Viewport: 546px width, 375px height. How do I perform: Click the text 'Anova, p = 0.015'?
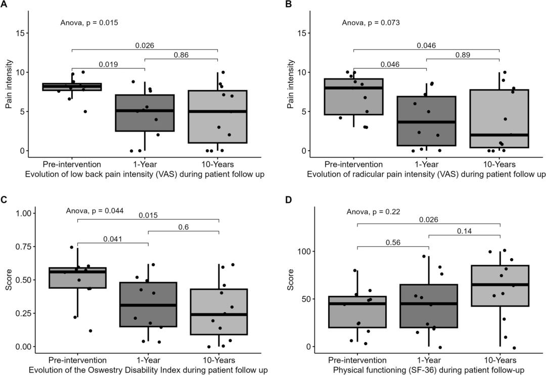(89, 23)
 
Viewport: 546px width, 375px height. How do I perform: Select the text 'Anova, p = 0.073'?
(371, 23)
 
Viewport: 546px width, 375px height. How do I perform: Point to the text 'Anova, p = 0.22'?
(373, 212)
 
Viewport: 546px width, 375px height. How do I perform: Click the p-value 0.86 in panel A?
(181, 55)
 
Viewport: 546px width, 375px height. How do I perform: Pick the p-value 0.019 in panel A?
(108, 64)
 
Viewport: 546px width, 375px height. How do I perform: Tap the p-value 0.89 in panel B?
(463, 55)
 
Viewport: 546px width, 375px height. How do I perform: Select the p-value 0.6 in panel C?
(184, 227)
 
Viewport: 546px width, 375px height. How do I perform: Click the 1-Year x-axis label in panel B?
(426, 164)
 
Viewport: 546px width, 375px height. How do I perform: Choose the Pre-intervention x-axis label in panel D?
(357, 360)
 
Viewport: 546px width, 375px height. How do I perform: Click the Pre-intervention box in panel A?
(72, 87)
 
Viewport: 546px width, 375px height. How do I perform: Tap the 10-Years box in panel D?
(499, 286)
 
